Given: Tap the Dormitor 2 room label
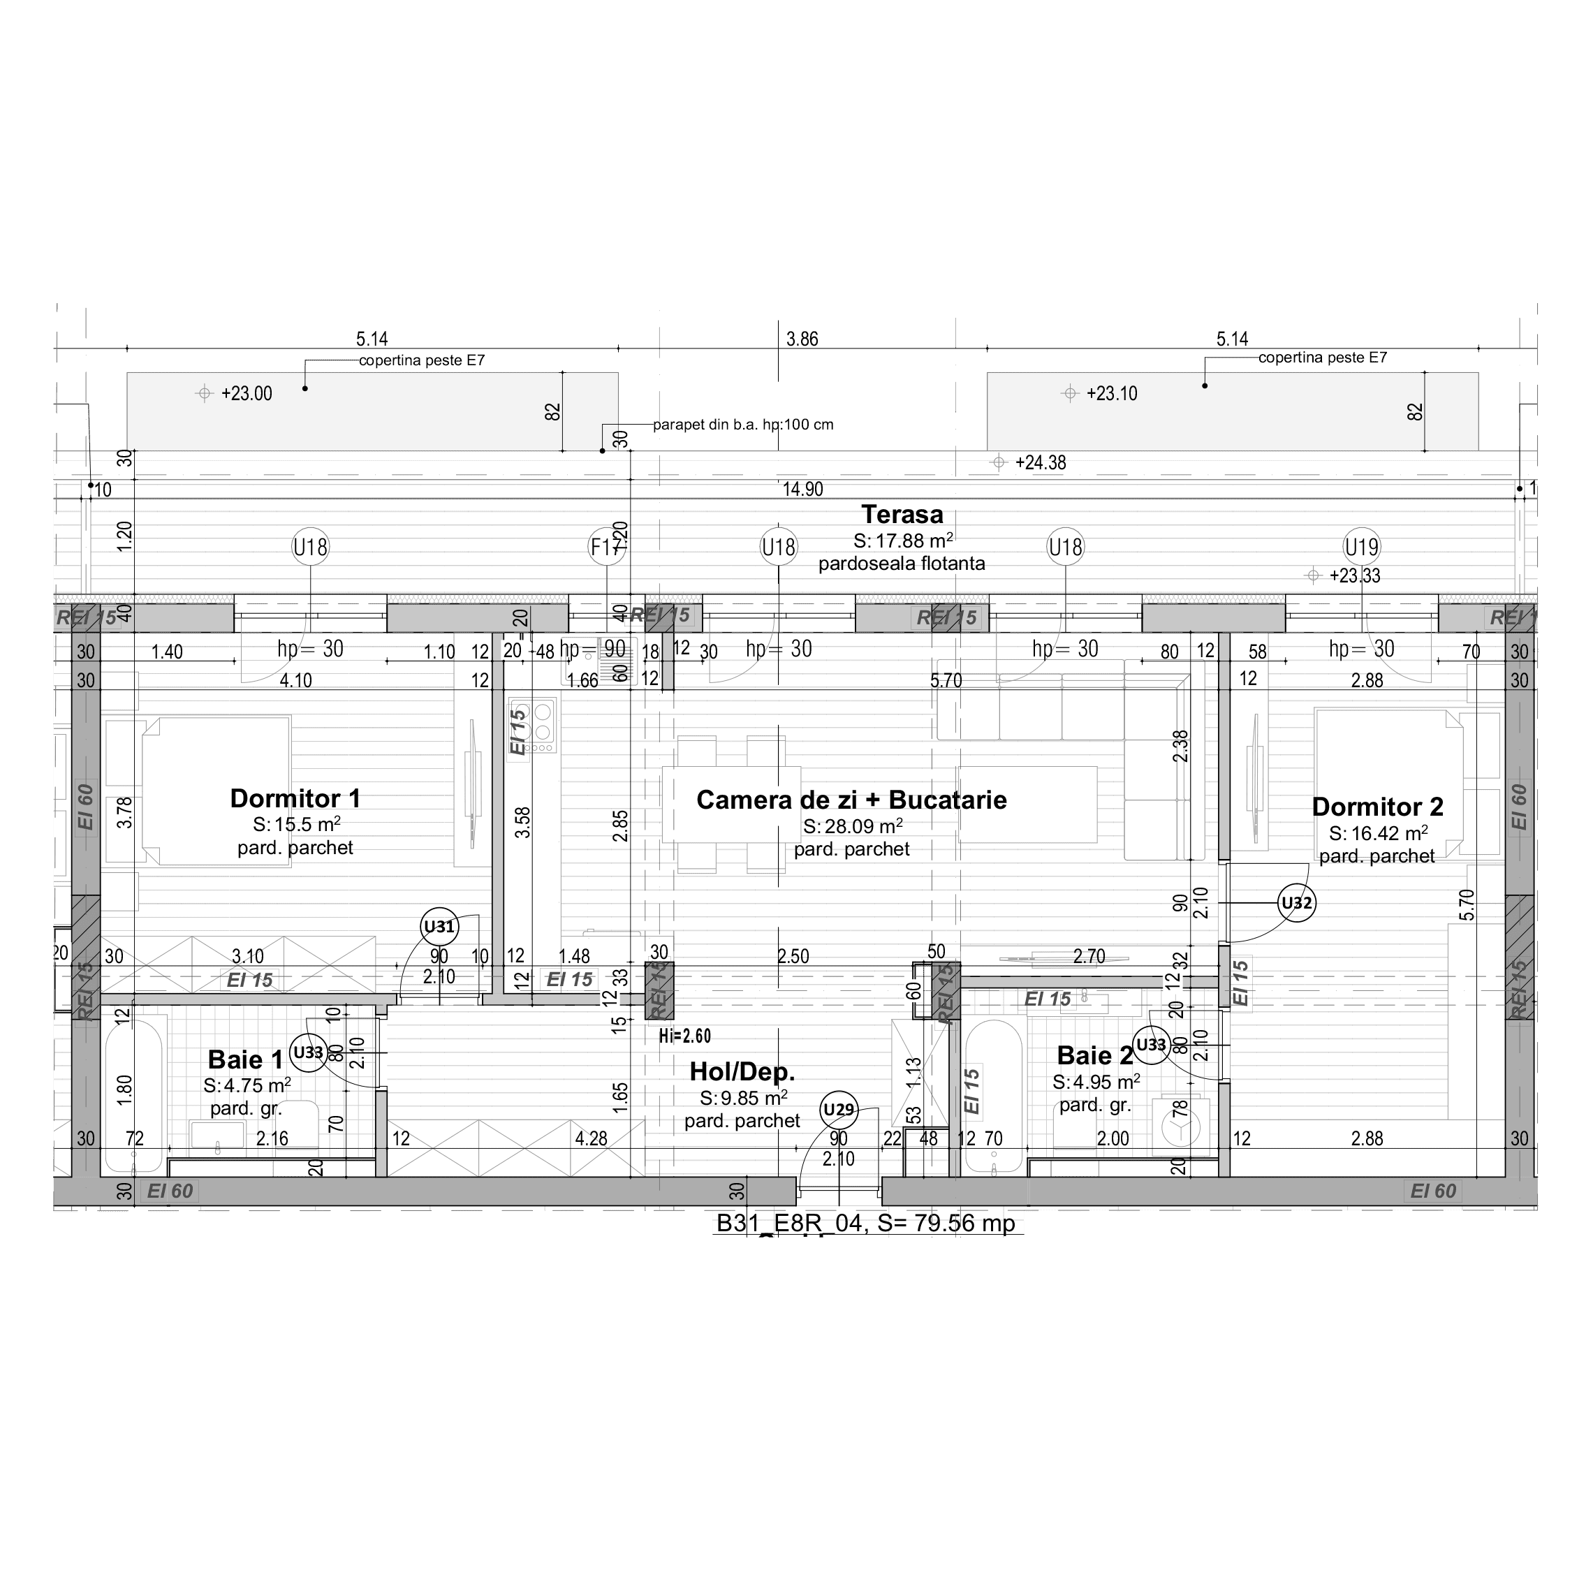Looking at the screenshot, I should pos(1377,807).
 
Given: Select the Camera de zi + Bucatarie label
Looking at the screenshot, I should pos(851,800).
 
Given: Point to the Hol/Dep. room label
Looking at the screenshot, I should pos(742,1072).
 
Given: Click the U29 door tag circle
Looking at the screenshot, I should pos(839,1109).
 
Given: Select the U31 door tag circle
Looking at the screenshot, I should pos(439,927).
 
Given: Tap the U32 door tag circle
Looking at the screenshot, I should pos(1296,903).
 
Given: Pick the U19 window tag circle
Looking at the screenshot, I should pos(1361,547).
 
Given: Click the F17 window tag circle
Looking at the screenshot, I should pos(606,547).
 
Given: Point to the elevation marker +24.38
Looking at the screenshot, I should pos(1040,462).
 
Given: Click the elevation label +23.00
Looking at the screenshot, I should pos(246,393).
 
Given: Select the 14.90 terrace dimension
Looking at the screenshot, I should pos(802,490).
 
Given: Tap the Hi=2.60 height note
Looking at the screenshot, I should pos(684,1036).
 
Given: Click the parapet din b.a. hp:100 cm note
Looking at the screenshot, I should pos(742,425).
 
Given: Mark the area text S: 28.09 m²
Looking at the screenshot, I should pos(852,826).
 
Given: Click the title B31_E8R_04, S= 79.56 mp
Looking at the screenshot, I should pos(866,1223).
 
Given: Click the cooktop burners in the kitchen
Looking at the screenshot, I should pos(543,722).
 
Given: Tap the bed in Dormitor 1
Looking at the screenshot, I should pos(216,790).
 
